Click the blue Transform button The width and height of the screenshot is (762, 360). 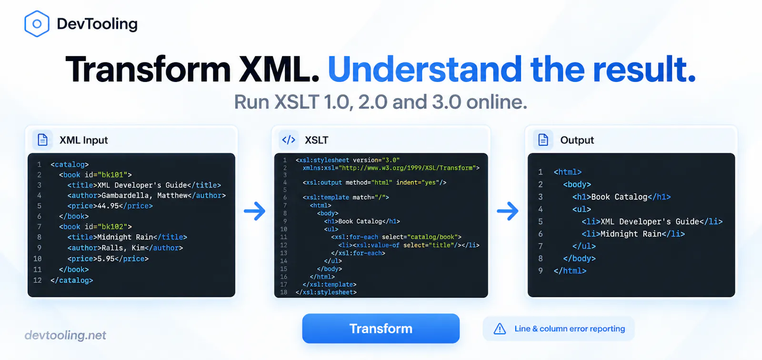381,329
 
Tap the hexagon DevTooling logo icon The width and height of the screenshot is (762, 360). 37,23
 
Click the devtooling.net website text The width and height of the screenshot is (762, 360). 65,335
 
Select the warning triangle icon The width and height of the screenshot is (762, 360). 500,329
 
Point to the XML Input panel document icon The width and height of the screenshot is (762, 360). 42,140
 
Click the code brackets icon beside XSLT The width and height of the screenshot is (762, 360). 289,140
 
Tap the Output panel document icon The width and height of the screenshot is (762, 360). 543,140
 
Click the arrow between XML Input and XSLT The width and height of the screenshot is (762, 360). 254,211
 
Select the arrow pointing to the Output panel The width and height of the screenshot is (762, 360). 508,211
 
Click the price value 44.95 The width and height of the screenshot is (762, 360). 108,206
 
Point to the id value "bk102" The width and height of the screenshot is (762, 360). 110,227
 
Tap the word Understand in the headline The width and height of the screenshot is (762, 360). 424,70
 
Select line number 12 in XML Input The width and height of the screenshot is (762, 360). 38,280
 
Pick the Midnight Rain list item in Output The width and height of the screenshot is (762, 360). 633,234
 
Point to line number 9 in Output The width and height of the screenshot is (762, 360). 541,271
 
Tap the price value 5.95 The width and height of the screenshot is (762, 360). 106,259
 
